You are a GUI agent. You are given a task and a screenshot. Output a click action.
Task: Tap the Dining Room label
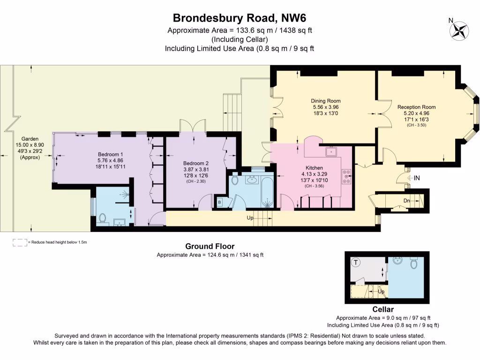click(326, 101)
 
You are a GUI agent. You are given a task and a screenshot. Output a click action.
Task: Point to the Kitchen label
click(314, 168)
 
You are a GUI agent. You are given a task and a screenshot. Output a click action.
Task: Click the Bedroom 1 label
click(111, 154)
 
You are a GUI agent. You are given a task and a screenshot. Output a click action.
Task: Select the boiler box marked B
click(219, 202)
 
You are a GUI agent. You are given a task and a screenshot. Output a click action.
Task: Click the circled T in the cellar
click(356, 262)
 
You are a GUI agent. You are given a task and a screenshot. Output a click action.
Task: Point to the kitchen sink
click(331, 152)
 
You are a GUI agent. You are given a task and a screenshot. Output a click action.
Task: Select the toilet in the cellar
click(413, 264)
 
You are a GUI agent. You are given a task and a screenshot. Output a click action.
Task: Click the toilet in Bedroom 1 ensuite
click(103, 219)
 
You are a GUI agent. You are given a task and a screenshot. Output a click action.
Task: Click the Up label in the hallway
click(251, 218)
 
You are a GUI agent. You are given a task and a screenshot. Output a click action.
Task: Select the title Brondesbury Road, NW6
click(240, 18)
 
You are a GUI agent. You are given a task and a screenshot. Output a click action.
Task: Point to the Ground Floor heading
click(210, 246)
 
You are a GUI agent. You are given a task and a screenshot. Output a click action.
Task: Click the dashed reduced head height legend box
click(20, 242)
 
